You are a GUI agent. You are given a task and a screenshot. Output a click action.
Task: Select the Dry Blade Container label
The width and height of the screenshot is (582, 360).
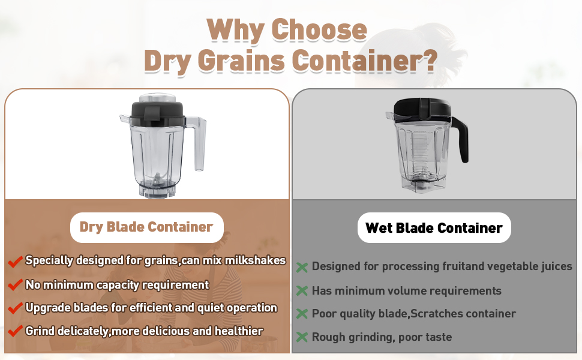pyautogui.click(x=146, y=227)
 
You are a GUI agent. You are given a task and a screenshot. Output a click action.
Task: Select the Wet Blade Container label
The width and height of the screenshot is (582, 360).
pyautogui.click(x=434, y=228)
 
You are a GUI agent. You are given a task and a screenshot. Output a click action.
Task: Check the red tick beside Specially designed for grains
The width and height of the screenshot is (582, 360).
pyautogui.click(x=15, y=262)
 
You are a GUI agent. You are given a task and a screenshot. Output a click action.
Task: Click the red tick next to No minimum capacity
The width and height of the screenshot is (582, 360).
pyautogui.click(x=15, y=286)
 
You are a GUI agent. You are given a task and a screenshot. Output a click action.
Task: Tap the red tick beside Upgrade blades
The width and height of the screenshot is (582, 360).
pyautogui.click(x=15, y=308)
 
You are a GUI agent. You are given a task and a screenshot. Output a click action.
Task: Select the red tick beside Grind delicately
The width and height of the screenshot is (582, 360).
pyautogui.click(x=15, y=331)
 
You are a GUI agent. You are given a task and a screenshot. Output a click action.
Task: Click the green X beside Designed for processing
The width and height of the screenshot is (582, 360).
pyautogui.click(x=302, y=267)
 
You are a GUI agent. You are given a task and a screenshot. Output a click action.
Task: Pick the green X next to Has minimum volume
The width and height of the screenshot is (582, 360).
pyautogui.click(x=302, y=291)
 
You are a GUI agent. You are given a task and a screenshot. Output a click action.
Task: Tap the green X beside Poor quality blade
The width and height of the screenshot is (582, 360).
pyautogui.click(x=302, y=314)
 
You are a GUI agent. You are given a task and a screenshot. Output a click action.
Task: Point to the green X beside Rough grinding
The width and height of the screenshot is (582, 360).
pyautogui.click(x=302, y=337)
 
